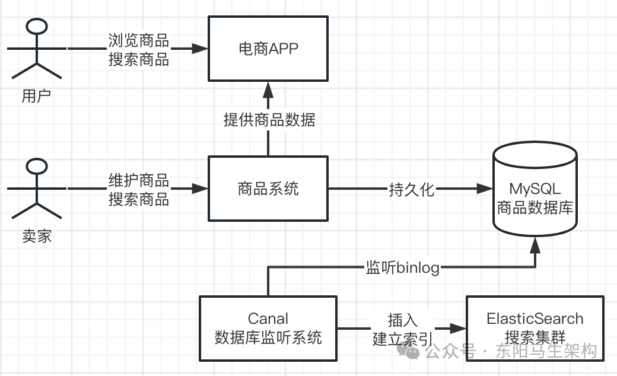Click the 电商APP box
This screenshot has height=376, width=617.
268,48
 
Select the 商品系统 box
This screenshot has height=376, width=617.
268,189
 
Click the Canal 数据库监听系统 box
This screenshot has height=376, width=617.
268,329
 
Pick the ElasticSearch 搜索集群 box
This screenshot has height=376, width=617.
535,328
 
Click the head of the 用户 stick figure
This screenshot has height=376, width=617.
37,27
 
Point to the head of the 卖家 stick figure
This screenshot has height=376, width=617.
37,167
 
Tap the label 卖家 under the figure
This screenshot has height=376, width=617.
37,236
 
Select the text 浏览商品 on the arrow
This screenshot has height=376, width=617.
139,40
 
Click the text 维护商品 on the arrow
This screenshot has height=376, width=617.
139,180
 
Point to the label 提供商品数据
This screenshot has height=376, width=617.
269,120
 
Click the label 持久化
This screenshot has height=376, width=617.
412,190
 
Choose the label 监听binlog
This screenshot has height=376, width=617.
402,267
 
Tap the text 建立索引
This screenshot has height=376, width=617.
403,339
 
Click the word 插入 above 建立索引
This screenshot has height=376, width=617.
403,320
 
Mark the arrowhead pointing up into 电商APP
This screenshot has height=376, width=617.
268,90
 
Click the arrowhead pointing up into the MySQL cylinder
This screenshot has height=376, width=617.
535,244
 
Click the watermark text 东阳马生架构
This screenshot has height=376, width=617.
545,352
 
